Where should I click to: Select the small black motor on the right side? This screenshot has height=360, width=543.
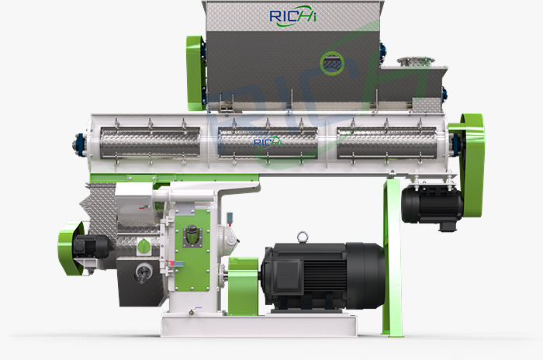[x=432, y=204]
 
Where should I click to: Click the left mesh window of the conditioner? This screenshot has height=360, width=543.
[x=147, y=141]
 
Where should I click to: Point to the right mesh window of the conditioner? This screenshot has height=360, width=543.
[x=388, y=141]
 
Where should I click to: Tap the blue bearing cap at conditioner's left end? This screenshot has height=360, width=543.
[x=80, y=141]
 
